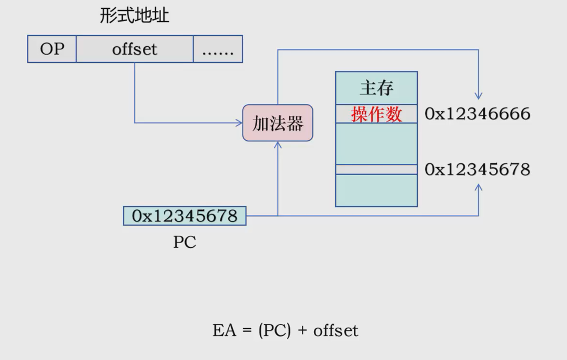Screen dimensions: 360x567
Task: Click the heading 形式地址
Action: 135,16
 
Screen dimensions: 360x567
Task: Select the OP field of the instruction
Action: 52,49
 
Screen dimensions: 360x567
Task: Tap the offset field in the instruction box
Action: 135,49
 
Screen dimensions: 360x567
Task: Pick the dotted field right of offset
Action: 218,49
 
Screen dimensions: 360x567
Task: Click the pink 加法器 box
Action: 278,123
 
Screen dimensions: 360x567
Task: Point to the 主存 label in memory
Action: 376,88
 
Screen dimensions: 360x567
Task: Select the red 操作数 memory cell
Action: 376,114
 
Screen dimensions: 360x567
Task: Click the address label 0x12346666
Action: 478,114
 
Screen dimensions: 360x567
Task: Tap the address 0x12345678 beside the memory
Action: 478,169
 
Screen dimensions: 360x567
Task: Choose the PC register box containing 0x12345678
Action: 184,216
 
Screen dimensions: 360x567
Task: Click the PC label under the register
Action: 184,243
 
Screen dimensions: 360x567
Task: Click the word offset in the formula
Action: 336,330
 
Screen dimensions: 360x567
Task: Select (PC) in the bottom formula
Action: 274,330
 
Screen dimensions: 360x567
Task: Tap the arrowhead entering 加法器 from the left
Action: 240,123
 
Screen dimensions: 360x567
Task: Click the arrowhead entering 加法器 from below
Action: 278,144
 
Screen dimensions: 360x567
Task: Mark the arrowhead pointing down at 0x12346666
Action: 479,96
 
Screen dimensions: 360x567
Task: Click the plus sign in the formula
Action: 302,331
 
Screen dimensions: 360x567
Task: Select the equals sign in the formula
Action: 247,331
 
